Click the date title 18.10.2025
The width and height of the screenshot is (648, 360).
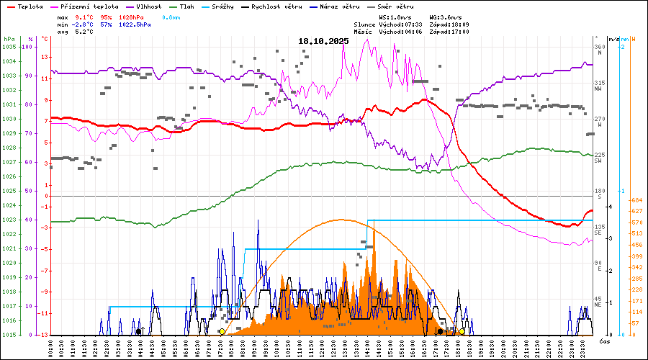click(323, 41)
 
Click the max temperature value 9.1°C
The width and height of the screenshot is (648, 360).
click(85, 17)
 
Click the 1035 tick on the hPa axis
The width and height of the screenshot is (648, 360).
click(9, 47)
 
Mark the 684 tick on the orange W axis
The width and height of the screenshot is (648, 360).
click(636, 200)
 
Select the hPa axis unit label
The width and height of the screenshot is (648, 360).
click(8, 38)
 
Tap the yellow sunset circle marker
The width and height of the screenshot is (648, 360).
click(462, 331)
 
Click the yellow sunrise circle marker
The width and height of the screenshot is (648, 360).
click(222, 331)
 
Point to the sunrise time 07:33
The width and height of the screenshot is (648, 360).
click(410, 24)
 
